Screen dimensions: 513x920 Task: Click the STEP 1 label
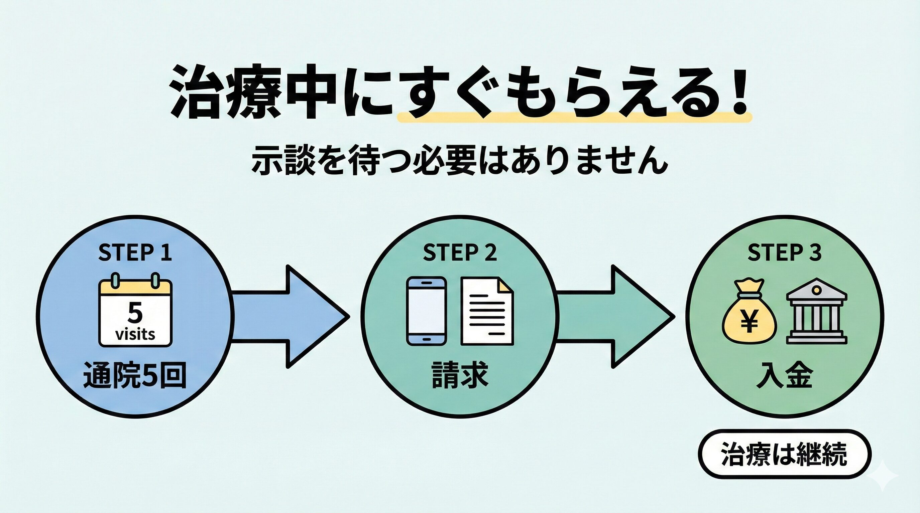135,252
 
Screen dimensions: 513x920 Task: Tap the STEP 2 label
460,252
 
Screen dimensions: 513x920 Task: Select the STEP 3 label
785,252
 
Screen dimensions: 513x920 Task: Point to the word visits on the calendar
135,335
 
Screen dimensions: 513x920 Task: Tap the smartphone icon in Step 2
427,311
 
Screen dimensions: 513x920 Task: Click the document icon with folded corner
487,311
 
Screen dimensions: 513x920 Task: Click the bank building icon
816,311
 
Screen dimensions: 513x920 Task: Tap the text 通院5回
135,375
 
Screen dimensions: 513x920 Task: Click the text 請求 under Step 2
460,375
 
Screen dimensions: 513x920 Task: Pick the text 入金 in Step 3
785,375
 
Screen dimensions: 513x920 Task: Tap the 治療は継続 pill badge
784,454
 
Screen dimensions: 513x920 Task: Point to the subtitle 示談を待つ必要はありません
460,160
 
